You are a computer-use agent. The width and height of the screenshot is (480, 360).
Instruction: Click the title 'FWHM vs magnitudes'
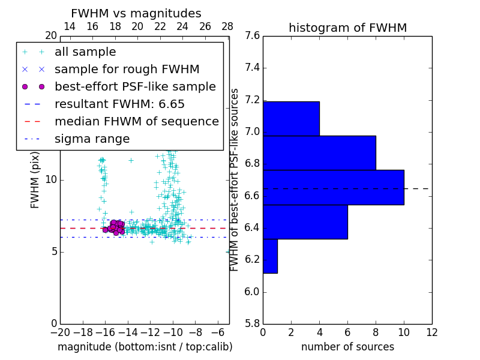pos(136,14)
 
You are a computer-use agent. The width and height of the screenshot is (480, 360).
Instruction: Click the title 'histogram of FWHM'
pos(347,28)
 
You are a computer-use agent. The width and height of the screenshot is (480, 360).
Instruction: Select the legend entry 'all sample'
pos(85,52)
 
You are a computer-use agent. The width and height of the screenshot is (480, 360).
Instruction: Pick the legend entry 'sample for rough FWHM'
pos(127,70)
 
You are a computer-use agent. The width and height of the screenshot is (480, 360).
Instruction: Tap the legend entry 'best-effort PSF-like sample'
pos(135,87)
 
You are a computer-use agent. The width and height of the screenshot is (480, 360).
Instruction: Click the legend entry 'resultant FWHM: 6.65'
pos(119,104)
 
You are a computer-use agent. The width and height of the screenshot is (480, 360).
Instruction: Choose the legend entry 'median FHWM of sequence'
pos(136,122)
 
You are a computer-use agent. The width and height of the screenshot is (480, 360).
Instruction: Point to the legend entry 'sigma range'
pos(92,139)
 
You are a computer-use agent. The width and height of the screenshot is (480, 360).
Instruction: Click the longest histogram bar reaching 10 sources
pos(333,187)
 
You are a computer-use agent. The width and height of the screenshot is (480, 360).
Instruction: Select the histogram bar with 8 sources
pos(319,153)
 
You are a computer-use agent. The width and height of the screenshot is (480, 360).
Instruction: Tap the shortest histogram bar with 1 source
pos(270,256)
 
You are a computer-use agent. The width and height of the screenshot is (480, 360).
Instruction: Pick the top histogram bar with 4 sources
pos(291,118)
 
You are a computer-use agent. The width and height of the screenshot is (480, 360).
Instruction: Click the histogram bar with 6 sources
pos(305,222)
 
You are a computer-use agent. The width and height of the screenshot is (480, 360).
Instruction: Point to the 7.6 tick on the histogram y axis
pos(252,36)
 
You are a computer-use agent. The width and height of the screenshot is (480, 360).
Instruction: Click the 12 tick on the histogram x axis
pos(431,332)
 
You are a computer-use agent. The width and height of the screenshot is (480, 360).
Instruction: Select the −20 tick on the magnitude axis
pos(60,332)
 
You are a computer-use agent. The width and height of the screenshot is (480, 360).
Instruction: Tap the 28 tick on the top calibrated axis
pos(227,27)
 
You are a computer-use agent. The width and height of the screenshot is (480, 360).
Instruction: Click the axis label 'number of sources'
pos(347,347)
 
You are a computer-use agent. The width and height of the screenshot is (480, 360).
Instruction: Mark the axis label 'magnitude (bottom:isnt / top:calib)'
pos(145,347)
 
